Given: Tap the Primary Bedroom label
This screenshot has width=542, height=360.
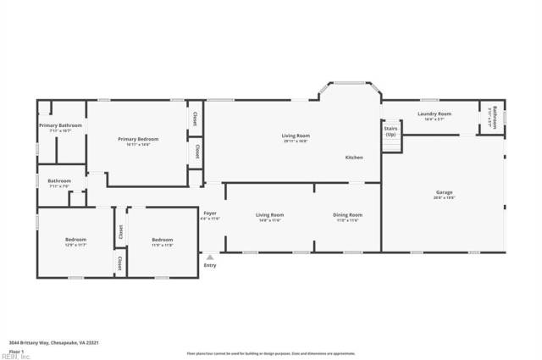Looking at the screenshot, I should pos(138,139).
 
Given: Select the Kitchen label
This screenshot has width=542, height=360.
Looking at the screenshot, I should pos(354,158).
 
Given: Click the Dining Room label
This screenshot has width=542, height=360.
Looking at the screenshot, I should pos(347,215).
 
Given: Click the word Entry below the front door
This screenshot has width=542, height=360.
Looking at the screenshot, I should pos(210,266).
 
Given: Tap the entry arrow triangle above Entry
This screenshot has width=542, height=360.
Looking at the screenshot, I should pos(210,257).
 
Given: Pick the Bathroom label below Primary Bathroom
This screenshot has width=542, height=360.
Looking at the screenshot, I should pos(59,180).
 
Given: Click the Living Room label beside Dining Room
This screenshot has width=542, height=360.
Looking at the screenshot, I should pos(269,215).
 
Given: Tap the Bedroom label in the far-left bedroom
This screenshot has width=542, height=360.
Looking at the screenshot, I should pos(75,240).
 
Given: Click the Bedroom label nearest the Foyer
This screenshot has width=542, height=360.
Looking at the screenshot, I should pos(162,240).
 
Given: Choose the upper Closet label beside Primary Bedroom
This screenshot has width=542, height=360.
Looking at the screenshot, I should pos(196,119).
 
